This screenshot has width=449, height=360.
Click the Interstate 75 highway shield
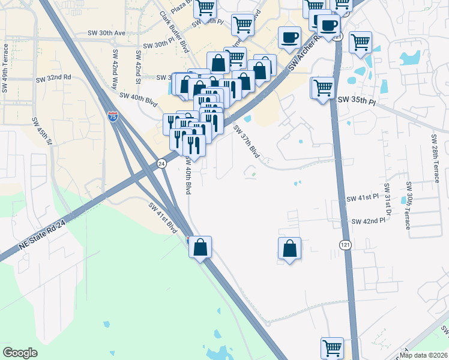[112, 116]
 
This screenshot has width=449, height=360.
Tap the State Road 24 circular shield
[161, 163]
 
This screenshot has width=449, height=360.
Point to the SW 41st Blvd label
[164, 218]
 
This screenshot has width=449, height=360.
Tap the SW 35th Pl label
[357, 101]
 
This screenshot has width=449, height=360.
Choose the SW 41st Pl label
[363, 197]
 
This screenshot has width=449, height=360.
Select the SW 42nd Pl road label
[368, 221]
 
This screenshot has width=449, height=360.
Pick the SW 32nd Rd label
[53, 78]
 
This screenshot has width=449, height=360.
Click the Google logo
[20, 353]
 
